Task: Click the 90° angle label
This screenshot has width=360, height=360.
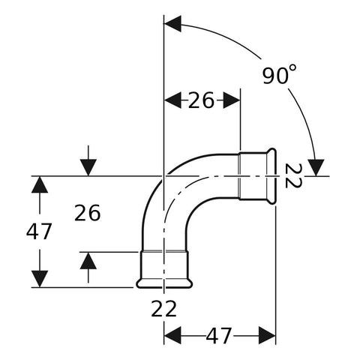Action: pos(279,74)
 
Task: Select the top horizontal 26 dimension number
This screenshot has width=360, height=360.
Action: pos(201,100)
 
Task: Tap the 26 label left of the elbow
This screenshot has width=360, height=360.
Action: pos(88,213)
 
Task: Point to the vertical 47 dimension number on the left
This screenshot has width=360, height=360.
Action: pos(39,231)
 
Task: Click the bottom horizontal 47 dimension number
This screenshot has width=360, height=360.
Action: pos(219,335)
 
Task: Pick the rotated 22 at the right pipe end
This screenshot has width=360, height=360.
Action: pos(293,175)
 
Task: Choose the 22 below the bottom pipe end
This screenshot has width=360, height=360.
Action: pos(164,309)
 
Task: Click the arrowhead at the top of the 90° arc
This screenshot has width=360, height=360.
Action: pos(172,24)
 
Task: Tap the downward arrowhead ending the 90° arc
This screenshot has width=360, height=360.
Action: pos(316,168)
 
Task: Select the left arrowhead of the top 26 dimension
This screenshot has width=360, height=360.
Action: pos(172,100)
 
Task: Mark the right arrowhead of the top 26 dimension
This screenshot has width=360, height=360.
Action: pos(232,100)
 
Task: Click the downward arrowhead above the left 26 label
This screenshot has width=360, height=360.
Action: pos(88,167)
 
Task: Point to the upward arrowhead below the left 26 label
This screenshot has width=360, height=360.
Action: pos(88,261)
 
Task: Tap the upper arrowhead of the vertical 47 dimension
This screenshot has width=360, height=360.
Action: pos(40,184)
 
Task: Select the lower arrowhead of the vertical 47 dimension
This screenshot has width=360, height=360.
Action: pos(40,279)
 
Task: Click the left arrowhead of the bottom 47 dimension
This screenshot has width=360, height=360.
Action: pos(172,335)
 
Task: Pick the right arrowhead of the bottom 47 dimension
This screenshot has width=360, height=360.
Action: pos(267,335)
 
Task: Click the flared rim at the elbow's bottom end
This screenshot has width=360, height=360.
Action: pos(164,283)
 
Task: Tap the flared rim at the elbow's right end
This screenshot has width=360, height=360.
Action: pos(272,176)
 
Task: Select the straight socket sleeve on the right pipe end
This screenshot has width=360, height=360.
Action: pos(253,176)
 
